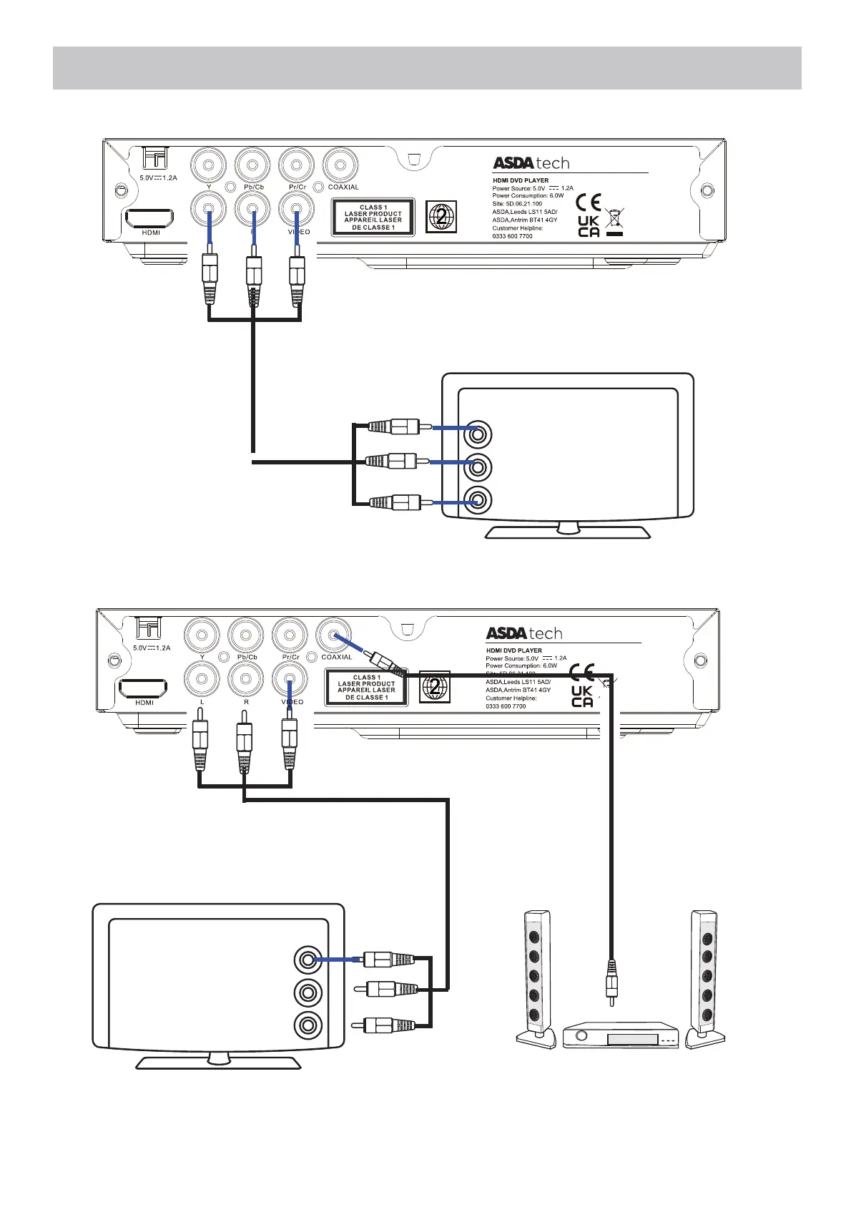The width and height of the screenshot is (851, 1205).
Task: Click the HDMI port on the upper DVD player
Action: [149, 218]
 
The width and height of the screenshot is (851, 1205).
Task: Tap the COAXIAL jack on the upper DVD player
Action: [340, 166]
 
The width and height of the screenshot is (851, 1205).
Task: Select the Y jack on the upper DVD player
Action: [209, 166]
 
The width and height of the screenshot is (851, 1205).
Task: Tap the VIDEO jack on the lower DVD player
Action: [290, 678]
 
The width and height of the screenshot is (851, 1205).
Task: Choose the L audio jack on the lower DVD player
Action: [202, 678]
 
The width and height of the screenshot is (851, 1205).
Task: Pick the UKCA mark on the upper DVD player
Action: [589, 226]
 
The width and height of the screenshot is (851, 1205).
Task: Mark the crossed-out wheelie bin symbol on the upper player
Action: [614, 220]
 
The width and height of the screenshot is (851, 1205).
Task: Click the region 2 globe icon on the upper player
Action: [441, 217]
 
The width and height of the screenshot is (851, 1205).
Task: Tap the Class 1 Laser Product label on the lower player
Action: [366, 687]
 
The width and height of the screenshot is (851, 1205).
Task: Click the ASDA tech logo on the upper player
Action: [531, 162]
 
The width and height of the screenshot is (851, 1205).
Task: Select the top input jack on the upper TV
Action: [477, 434]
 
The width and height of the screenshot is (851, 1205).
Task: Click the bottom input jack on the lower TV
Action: [308, 1025]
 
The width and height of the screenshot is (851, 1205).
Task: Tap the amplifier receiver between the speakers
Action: [620, 1035]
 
